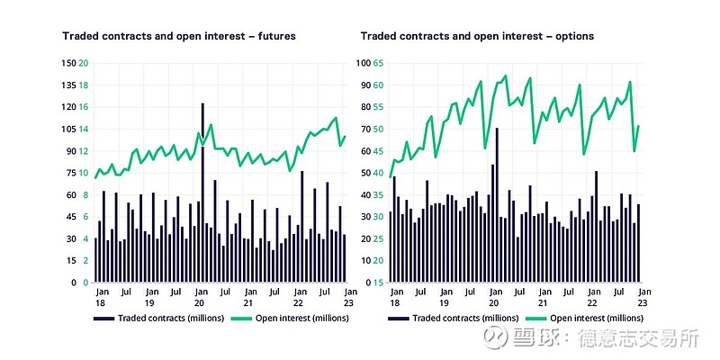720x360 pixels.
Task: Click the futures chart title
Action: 178,36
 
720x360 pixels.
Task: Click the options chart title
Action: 477,36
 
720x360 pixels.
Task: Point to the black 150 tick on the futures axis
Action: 68,63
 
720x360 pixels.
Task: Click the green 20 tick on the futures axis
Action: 84,63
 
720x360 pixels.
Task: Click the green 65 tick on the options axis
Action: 380,63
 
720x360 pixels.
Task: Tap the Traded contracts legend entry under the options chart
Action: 450,318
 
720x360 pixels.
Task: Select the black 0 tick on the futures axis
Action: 73,283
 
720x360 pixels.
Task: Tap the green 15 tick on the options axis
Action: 380,283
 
